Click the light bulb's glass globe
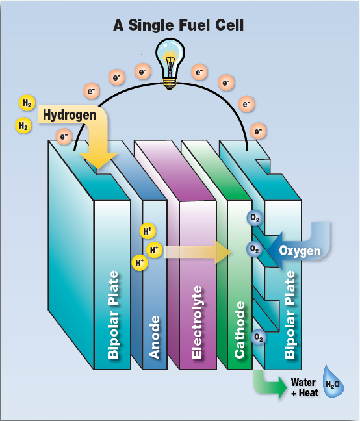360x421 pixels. (x=170, y=57)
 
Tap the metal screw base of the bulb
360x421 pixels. (x=170, y=83)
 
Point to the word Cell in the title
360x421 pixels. (x=229, y=25)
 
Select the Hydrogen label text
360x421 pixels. (x=70, y=115)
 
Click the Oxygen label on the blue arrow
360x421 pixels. (x=300, y=251)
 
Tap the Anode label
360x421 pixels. (x=155, y=337)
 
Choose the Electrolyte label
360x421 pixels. (x=196, y=322)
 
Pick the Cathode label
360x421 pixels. (x=240, y=329)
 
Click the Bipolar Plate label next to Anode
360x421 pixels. (x=113, y=314)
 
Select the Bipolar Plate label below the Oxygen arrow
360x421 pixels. (x=289, y=314)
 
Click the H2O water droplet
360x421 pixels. (x=333, y=381)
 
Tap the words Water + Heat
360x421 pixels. (x=305, y=387)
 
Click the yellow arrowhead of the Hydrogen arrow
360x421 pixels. (x=99, y=161)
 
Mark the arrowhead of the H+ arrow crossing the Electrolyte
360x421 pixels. (x=224, y=252)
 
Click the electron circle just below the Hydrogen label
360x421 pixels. (x=64, y=136)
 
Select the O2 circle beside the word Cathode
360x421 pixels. (x=259, y=337)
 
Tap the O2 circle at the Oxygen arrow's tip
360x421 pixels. (x=255, y=249)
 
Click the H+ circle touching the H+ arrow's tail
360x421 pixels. (x=155, y=250)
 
